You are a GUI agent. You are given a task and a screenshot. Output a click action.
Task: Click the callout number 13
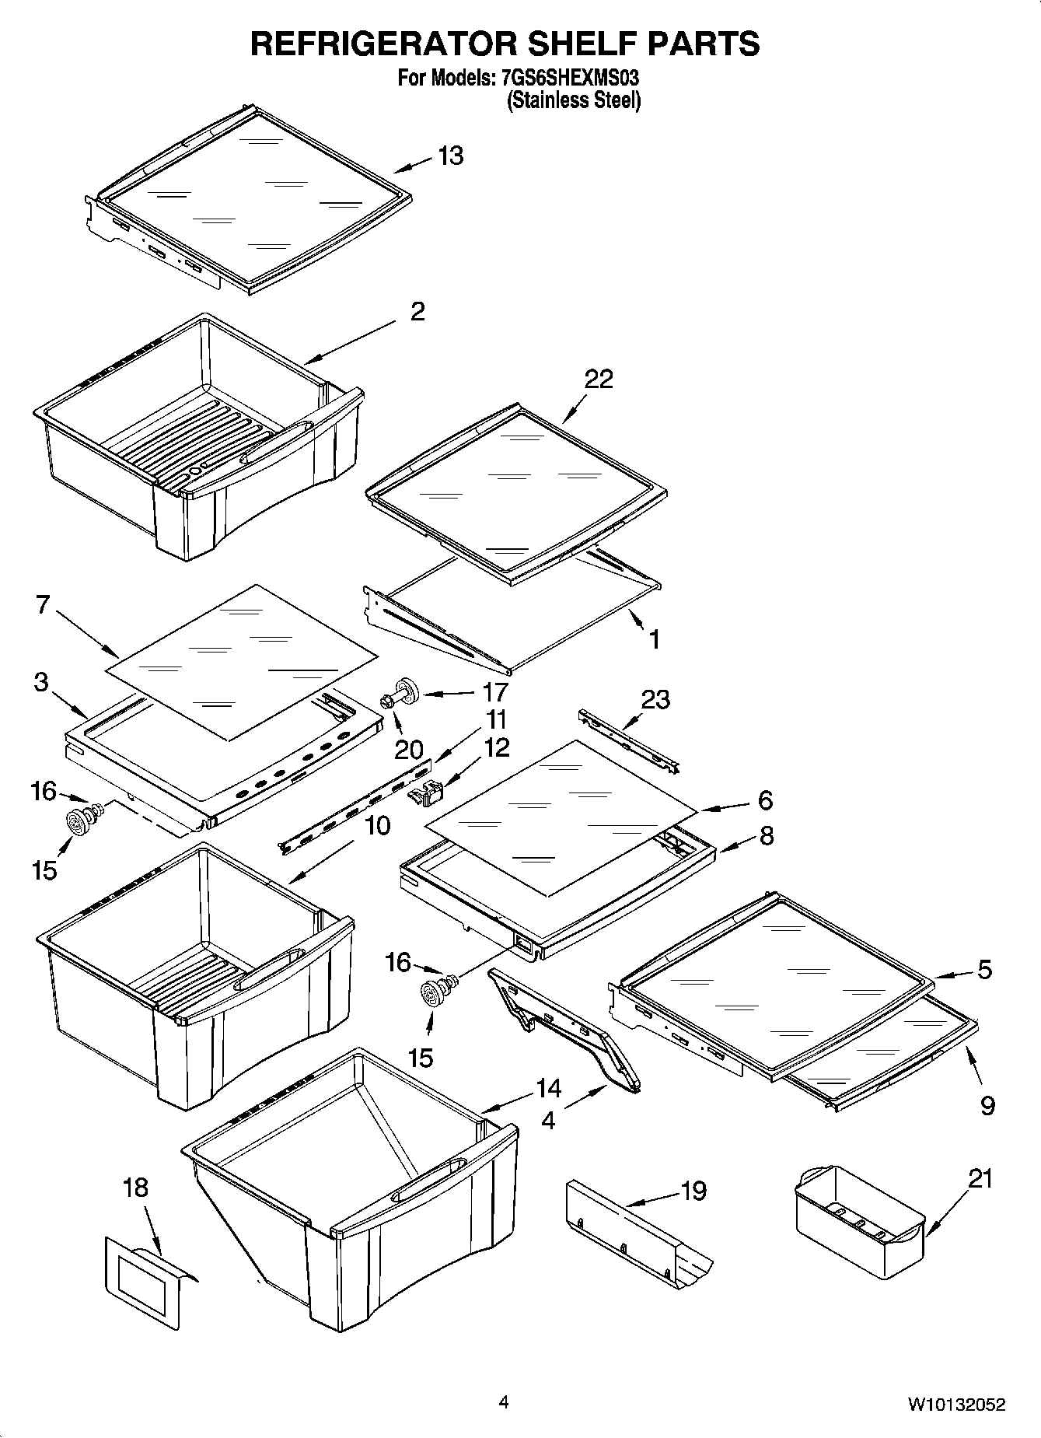(450, 156)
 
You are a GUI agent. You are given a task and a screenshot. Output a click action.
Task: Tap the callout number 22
(599, 379)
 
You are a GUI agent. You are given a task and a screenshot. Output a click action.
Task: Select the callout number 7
(44, 604)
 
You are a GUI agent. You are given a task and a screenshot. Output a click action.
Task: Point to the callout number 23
(655, 699)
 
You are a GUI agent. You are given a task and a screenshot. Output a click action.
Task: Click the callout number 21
(980, 1178)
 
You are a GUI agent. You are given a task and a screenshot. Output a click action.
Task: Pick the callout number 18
(135, 1188)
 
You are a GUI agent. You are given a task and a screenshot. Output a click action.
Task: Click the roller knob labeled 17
(407, 690)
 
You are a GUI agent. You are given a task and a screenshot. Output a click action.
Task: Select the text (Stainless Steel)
(574, 100)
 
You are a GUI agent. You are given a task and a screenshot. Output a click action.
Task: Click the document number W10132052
(955, 1405)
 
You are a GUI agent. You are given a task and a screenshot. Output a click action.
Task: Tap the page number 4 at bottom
(504, 1403)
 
